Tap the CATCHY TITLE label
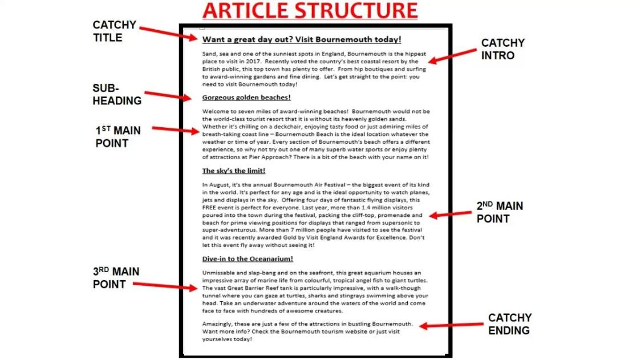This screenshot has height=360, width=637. [115, 31]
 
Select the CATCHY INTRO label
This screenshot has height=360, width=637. [502, 49]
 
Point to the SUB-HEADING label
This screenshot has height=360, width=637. [117, 95]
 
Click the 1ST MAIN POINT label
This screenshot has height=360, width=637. [117, 137]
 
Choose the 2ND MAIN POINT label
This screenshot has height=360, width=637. [500, 212]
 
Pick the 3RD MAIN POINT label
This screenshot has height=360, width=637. [116, 278]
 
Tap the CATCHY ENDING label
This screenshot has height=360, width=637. [510, 323]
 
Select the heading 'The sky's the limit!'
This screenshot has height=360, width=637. [234, 171]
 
